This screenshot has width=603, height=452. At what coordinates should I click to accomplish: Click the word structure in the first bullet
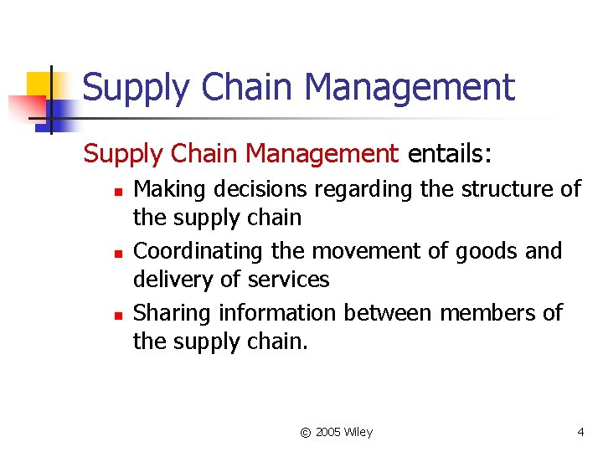click(498, 190)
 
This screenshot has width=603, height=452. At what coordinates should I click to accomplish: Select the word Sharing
click(173, 313)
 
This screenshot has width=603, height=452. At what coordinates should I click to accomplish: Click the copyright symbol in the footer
click(306, 432)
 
